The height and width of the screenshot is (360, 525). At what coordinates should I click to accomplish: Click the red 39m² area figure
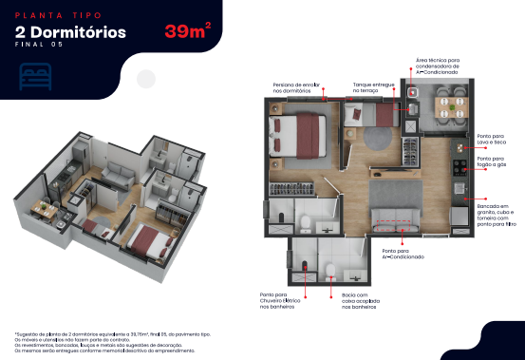click(187, 31)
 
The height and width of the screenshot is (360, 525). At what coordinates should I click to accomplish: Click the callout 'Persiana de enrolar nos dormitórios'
click(298, 88)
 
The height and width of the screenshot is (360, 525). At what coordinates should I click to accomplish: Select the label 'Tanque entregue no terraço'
click(374, 88)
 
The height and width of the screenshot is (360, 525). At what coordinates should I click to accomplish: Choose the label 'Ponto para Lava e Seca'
click(491, 139)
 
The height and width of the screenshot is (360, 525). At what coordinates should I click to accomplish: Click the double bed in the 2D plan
click(298, 136)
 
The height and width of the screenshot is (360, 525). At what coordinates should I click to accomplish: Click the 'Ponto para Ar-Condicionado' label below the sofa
click(391, 254)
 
